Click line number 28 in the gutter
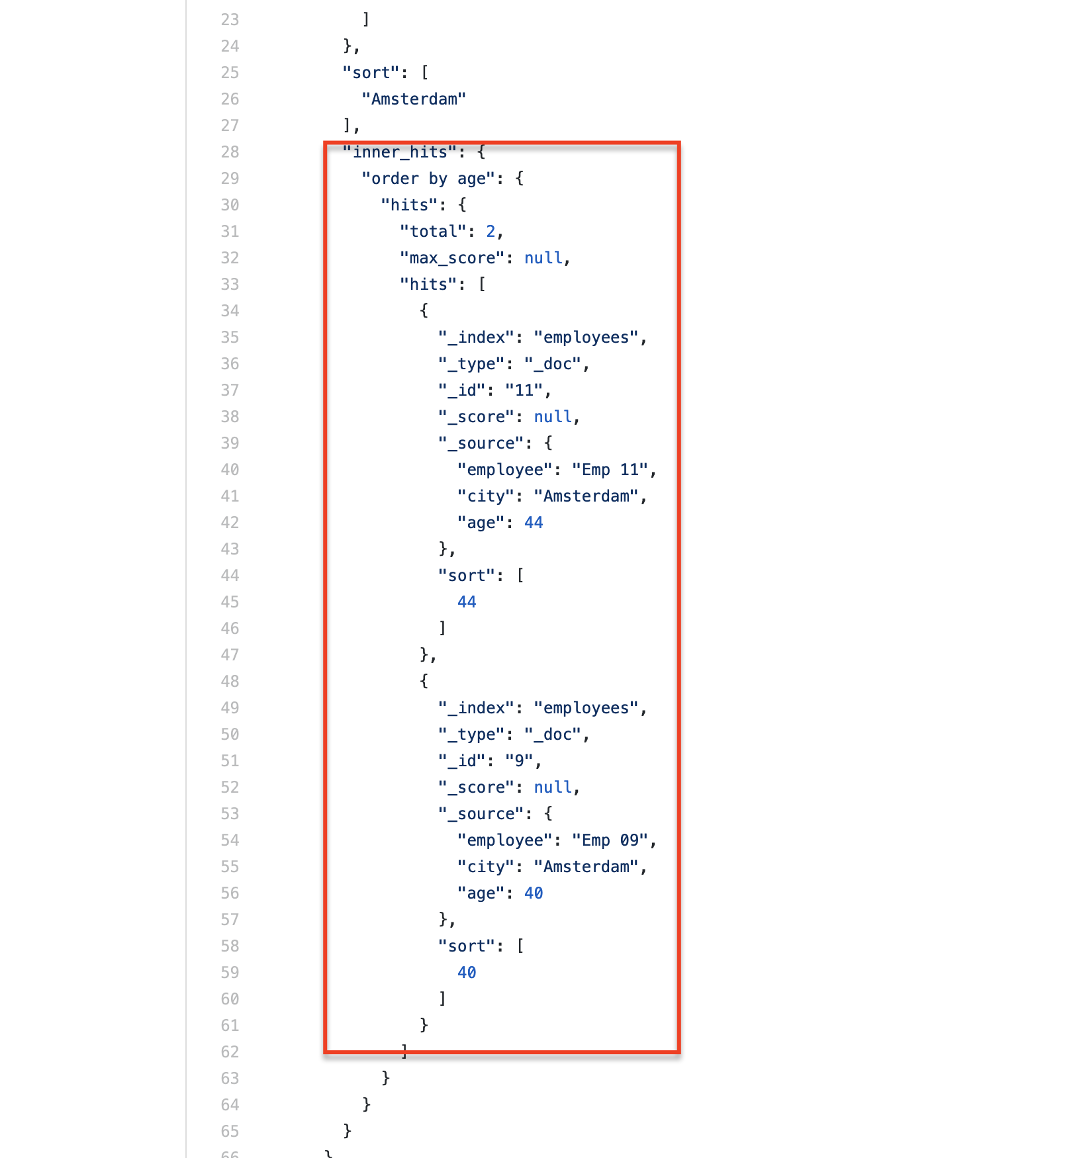tap(230, 152)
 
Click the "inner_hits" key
tap(400, 152)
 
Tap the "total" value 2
tap(491, 232)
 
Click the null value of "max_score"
tap(543, 258)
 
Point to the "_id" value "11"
tap(524, 390)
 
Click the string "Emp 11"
tap(610, 470)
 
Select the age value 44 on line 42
tap(534, 523)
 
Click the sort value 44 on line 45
tap(467, 602)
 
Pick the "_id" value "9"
tap(520, 761)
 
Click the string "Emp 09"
tap(610, 840)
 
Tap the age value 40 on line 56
tap(534, 893)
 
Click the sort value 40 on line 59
tap(467, 973)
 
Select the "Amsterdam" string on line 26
tap(414, 99)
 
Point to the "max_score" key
tap(452, 258)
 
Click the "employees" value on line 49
tap(586, 708)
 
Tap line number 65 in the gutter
tap(230, 1132)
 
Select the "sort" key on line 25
tap(371, 73)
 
